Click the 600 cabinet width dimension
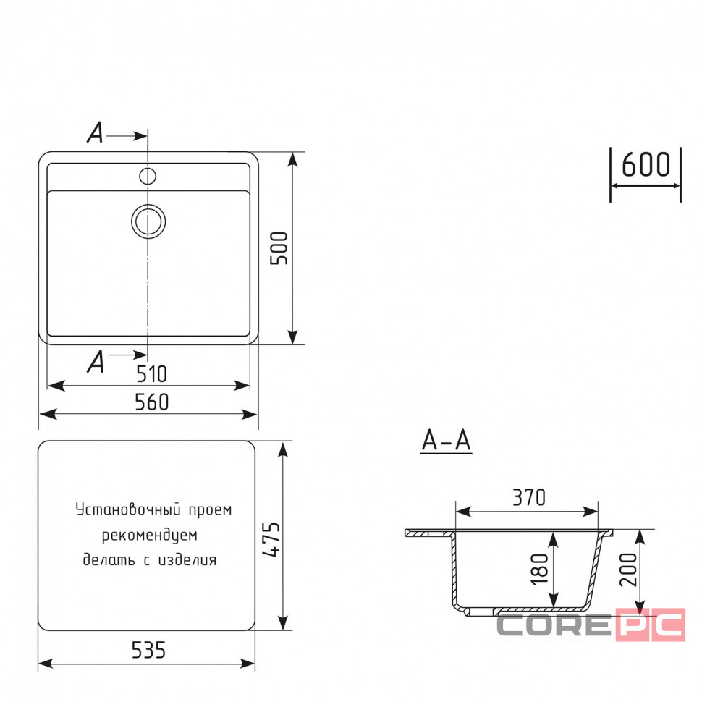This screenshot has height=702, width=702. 646,164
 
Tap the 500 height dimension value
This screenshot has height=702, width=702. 279,248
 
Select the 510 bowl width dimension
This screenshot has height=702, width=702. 151,374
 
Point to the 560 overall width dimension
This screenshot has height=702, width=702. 152,402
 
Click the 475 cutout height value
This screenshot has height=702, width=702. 271,539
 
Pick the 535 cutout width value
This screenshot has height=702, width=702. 148,650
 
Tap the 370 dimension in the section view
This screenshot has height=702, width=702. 529,497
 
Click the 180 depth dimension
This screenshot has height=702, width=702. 539,569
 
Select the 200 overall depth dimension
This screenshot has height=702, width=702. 628,570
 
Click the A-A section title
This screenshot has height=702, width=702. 446,441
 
